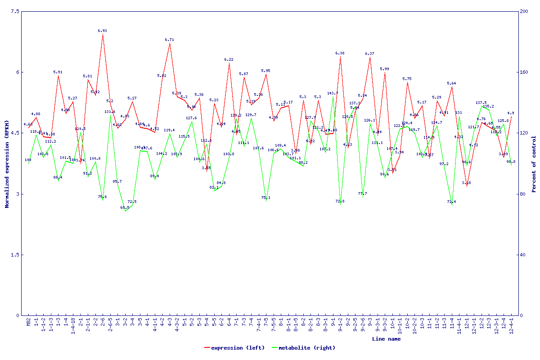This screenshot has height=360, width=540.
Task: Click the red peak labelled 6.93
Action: [103, 34]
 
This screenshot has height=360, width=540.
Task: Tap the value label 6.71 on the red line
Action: [170, 40]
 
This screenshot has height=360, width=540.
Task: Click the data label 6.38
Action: [340, 53]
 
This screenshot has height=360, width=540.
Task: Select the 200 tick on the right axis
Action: [524, 11]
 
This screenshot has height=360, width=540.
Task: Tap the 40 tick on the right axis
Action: [522, 255]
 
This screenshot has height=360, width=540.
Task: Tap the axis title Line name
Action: [386, 339]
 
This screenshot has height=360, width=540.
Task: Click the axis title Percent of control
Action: [534, 164]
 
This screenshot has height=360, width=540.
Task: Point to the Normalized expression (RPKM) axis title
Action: [7, 164]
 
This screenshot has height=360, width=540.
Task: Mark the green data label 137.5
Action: [481, 103]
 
